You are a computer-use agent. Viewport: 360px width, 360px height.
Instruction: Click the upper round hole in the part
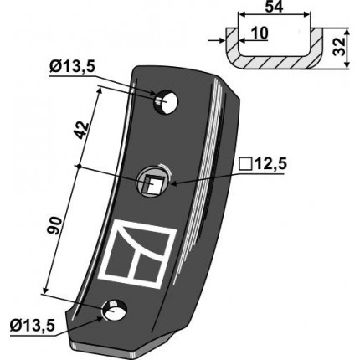pos(166,101)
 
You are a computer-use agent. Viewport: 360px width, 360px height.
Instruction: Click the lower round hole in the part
pos(115,311)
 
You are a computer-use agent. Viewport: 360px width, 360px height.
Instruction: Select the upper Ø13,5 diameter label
pos(73,67)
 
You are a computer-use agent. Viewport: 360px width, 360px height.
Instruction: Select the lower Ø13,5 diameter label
pos(33,327)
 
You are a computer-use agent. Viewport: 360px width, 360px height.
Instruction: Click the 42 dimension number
pos(83,130)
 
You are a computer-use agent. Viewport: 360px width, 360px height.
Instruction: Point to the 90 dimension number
pos(54,225)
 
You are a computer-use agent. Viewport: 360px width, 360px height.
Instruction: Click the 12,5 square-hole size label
pos(270,164)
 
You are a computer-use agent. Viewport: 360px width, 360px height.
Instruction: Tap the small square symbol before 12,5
pos(245,164)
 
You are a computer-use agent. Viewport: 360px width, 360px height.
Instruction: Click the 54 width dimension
pos(274,7)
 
